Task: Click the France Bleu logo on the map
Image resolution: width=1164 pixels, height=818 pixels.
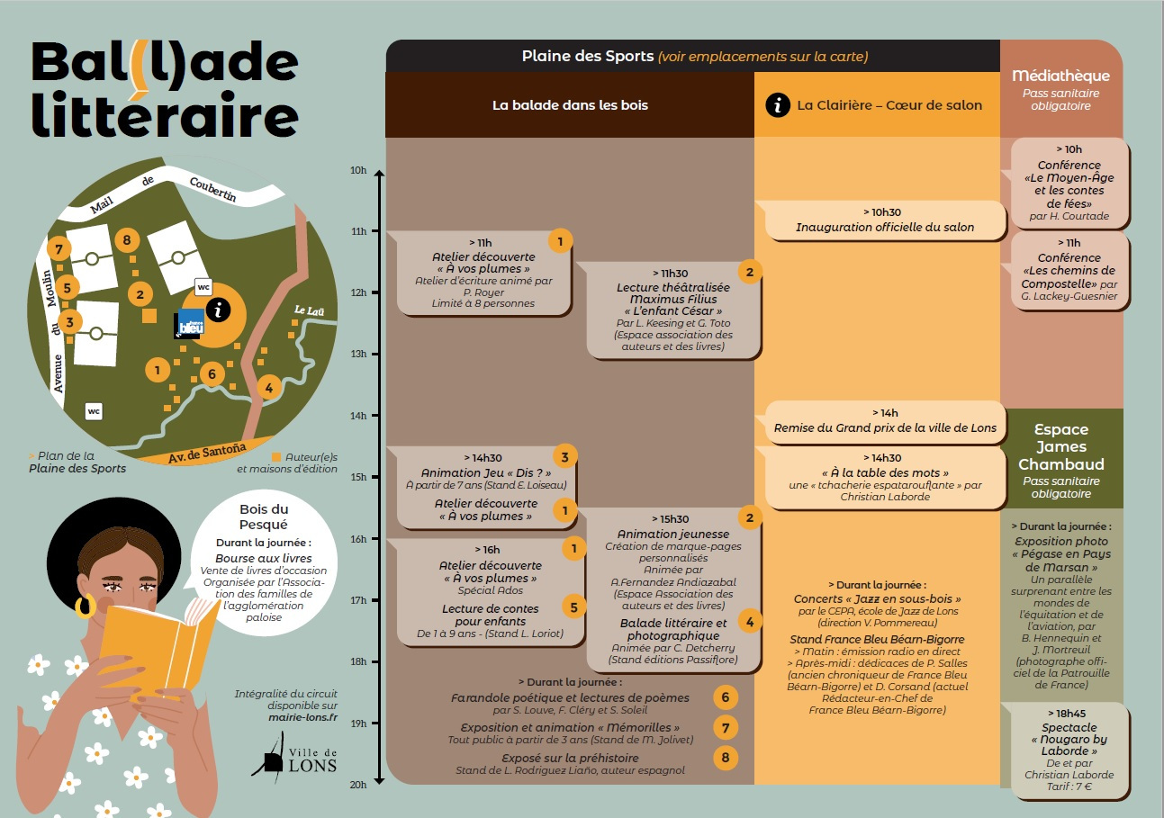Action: pos(189,323)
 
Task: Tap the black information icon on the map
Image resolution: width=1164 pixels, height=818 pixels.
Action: pos(217,310)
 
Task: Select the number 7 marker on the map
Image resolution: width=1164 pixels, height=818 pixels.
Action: pos(59,248)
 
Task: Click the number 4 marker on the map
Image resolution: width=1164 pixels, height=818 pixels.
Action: pos(267,388)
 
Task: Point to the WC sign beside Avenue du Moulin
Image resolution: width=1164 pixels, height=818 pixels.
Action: pos(94,411)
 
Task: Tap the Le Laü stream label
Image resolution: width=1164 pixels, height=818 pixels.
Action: pos(309,310)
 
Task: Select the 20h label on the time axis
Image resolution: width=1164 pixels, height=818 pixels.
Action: pos(359,785)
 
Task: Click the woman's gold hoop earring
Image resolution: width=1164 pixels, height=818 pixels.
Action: pos(85,607)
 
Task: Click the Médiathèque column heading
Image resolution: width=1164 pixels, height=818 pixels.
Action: pos(1060,76)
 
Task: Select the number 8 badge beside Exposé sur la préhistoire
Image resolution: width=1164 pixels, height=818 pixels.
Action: pos(726,758)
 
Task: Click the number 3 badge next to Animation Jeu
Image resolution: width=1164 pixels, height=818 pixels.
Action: pos(564,457)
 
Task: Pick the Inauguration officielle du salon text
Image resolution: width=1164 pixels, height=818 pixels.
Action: pos(885,228)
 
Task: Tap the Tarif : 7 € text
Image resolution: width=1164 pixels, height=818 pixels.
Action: pos(1069,787)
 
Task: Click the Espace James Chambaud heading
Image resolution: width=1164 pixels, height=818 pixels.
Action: pos(1060,446)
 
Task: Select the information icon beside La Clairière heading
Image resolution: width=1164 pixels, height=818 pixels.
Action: pos(777,104)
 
